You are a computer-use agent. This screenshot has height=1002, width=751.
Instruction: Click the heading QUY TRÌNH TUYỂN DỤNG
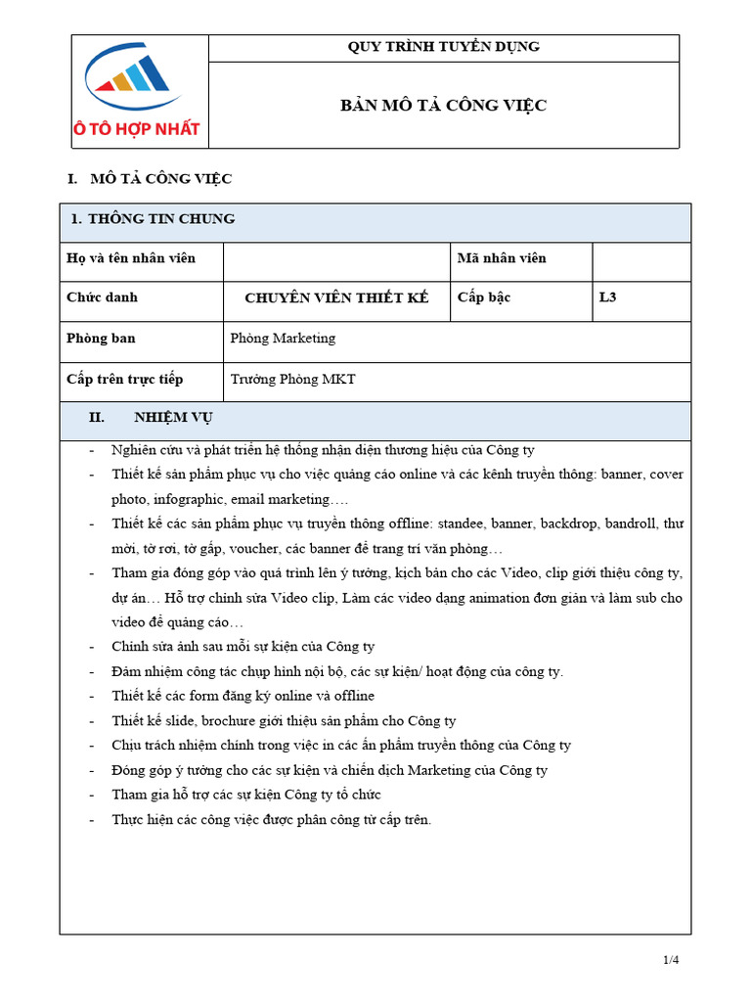pos(444,47)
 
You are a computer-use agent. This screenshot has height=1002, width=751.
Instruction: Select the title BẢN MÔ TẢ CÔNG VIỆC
pos(444,106)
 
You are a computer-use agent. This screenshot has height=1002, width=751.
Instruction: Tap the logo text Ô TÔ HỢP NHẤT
pos(137,128)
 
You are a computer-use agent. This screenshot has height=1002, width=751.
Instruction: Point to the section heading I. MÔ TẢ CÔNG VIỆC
pos(150,179)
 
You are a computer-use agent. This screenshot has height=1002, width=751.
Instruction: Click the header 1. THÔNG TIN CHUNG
pos(154,219)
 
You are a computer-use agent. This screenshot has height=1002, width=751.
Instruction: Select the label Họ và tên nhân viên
pos(131,258)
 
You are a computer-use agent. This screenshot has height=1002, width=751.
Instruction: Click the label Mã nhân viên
pos(502,258)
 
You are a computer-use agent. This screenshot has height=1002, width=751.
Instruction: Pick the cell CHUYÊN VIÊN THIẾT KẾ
pos(336,298)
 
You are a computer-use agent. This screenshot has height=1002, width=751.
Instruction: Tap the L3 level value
pos(608,298)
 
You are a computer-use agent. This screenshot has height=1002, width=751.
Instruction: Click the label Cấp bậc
pos(484,297)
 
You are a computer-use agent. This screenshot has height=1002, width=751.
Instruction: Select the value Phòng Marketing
pos(283,339)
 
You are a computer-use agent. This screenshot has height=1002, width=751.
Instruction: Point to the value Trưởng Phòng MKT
pos(292,379)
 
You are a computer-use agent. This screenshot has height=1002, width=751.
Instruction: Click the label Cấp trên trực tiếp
pos(124,379)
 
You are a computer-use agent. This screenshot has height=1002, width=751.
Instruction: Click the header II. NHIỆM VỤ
pos(151,418)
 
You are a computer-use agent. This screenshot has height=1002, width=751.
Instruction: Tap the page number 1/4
pos(670,960)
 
